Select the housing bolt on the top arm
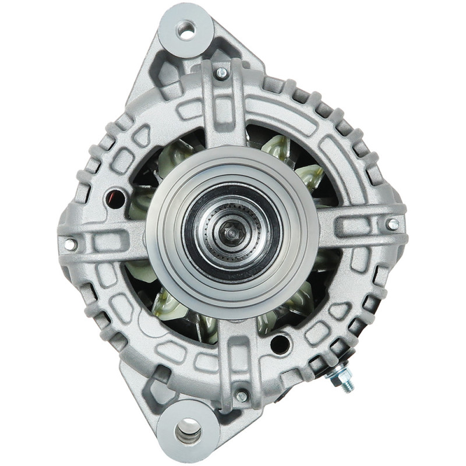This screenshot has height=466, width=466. click(x=221, y=73)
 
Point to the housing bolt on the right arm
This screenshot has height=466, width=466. click(x=393, y=224)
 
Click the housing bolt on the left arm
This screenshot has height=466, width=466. click(x=70, y=244)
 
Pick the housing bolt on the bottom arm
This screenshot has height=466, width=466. click(x=241, y=397)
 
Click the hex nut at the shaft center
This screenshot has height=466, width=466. click(x=232, y=232)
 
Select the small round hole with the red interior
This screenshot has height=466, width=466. click(x=114, y=199)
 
